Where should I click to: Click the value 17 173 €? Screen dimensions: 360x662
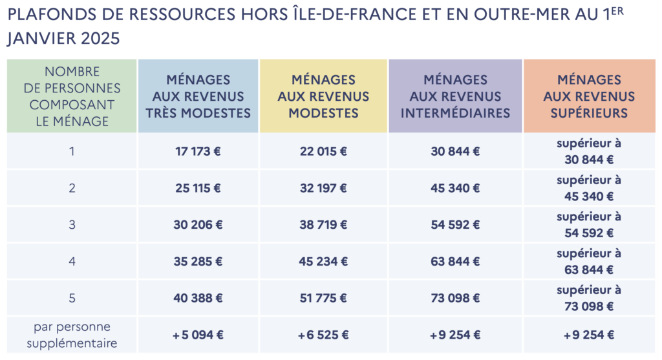coord(198,152)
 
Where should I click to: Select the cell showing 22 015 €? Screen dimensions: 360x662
coord(323,152)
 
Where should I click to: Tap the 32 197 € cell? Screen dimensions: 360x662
coord(323,188)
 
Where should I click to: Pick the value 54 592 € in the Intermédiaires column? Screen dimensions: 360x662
coord(455,225)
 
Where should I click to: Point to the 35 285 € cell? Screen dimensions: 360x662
coord(198,262)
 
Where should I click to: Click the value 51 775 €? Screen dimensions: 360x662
coord(323,298)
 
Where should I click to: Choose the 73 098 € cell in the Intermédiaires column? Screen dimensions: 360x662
coord(455,298)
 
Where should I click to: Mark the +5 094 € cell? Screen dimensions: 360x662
coord(198,335)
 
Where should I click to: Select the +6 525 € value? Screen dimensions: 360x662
coord(323,335)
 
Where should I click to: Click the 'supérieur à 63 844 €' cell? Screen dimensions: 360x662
coord(589,261)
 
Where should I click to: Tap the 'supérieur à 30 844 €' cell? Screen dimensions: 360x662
coord(589,151)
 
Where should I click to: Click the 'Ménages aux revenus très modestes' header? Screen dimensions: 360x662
coord(198,96)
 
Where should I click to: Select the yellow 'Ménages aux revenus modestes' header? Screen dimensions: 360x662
coord(323,96)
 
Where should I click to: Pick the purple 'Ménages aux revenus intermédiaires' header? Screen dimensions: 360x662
coord(455,96)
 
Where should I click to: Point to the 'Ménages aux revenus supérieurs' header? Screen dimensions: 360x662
coord(589,96)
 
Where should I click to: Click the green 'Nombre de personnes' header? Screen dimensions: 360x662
coord(72,96)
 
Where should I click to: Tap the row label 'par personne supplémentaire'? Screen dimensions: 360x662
coord(72,335)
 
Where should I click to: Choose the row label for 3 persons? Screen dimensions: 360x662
coord(72,225)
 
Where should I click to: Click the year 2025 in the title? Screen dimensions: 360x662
coord(102,38)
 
